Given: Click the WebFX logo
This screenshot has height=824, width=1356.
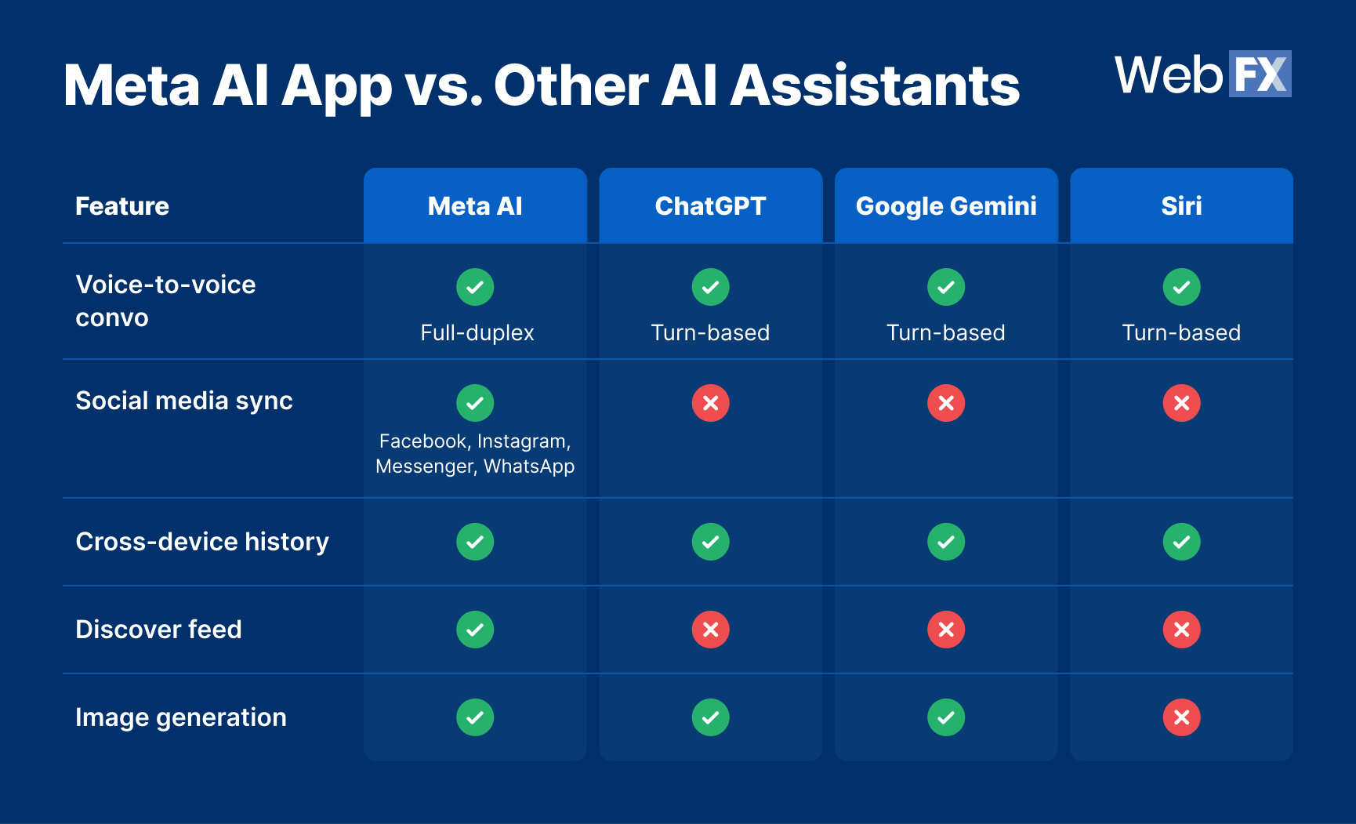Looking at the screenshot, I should coord(1202,74).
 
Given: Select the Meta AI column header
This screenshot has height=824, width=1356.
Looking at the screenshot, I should coord(475,206).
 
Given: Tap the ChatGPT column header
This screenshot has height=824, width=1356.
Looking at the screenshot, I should coord(710,206).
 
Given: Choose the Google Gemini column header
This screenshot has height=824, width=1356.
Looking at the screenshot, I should coord(946,206).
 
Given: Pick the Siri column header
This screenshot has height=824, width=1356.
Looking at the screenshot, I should coord(1181,206).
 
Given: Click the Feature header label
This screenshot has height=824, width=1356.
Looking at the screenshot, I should coord(122,206).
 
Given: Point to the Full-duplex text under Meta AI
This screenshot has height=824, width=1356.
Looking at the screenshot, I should coord(477,332).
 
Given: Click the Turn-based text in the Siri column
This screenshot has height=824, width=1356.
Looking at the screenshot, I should coord(1181,332).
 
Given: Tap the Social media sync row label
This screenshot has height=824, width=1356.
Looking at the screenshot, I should coord(184,401).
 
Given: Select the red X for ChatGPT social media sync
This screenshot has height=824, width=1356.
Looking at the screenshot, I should coord(710,403).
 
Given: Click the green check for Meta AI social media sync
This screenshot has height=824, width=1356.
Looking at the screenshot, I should coord(475,403).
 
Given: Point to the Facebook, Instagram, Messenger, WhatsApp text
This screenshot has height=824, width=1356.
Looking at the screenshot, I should coord(475,454).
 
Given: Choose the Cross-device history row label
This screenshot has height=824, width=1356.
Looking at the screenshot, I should coord(202,542).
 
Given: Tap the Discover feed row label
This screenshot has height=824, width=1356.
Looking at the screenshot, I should coord(158,630).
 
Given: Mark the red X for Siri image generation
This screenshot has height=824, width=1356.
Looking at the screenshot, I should coord(1181,717).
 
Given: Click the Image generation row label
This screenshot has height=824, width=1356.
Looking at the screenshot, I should coord(181,717).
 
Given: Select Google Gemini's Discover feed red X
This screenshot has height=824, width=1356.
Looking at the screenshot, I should coord(946,630).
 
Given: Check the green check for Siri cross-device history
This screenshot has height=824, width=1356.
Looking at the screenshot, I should coord(1181,542).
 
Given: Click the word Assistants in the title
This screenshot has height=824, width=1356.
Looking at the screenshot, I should coord(875,85).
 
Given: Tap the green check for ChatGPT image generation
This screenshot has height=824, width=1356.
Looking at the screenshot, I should coord(710,717).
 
